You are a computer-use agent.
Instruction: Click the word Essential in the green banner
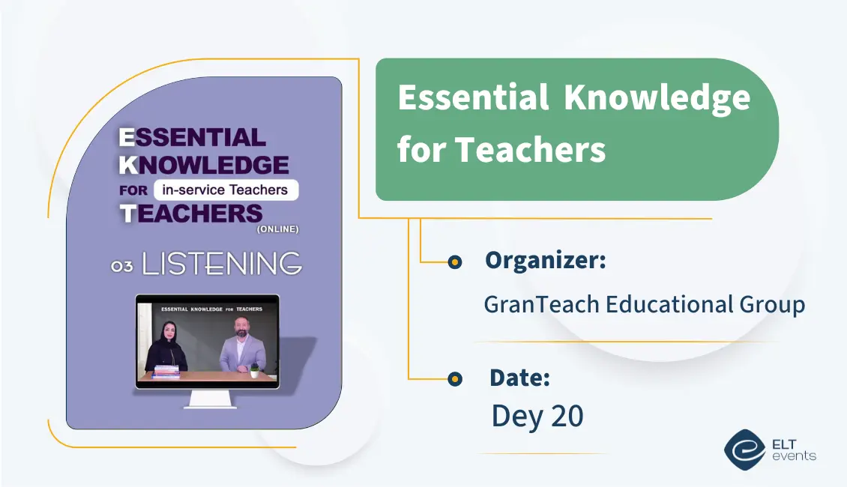click(x=472, y=97)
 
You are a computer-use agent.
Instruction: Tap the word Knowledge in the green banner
click(x=657, y=99)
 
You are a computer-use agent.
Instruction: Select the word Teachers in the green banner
click(x=530, y=150)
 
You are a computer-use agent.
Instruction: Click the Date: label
click(x=519, y=378)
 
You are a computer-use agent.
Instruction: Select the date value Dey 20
click(x=537, y=417)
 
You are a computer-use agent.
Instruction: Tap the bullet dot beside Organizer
click(x=454, y=262)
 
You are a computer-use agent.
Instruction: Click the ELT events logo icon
click(x=744, y=450)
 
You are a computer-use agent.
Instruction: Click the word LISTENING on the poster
click(x=222, y=264)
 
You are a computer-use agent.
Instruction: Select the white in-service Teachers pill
click(x=226, y=190)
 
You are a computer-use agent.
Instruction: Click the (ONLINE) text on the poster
click(x=277, y=229)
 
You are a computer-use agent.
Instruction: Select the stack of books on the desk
click(x=166, y=372)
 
